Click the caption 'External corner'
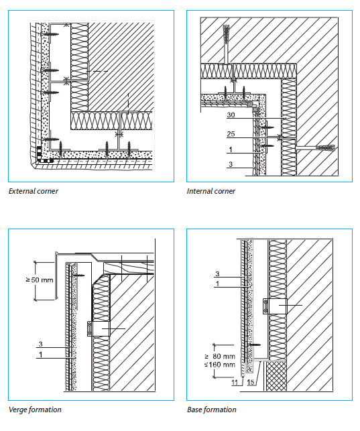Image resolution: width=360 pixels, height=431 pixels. coord(34,191)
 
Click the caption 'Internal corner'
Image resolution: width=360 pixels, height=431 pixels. coord(211,191)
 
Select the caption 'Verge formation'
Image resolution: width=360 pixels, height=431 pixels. coord(35,410)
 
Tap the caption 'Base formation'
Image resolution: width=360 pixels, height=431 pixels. coord(212,410)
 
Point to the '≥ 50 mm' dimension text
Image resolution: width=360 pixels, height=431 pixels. coord(40,280)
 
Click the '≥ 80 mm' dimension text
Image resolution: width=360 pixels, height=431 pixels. coord(220,356)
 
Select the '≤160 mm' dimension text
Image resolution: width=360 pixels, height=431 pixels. coord(220,365)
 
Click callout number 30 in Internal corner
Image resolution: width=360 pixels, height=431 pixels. coord(231,115)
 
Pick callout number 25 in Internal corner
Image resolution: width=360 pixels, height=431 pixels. coord(231,134)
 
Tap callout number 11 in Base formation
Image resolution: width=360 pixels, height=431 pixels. coord(235,382)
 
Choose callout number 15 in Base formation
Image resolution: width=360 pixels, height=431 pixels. coord(250,382)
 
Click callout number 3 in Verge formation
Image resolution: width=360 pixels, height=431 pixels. coord(41,344)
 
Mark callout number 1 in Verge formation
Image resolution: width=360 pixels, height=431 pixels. coord(41,355)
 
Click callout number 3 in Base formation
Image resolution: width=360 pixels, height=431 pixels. coord(217,273)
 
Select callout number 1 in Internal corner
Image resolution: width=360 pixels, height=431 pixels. coord(231,149)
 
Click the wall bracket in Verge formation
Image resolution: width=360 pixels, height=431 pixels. coord(99,328)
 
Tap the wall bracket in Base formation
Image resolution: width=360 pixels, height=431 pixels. coord(275,306)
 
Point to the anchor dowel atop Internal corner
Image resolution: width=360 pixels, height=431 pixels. coord(227,34)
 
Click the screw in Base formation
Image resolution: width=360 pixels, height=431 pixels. coord(255,345)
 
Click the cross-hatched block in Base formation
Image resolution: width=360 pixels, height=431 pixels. coord(276,376)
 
